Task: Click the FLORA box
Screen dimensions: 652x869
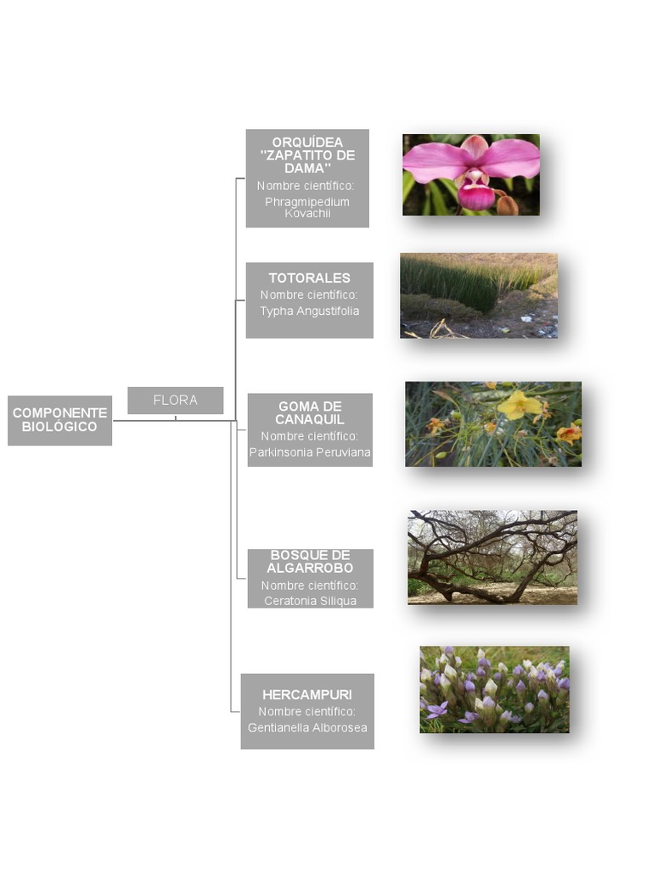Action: pyautogui.click(x=175, y=401)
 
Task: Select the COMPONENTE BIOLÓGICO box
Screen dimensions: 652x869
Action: pyautogui.click(x=60, y=420)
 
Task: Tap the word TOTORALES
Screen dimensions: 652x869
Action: pyautogui.click(x=309, y=278)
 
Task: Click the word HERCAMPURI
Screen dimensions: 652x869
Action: pyautogui.click(x=307, y=694)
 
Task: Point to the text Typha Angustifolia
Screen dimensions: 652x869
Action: pyautogui.click(x=309, y=311)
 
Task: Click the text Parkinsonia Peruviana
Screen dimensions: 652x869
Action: pyautogui.click(x=310, y=452)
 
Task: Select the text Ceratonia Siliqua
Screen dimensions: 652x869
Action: pyautogui.click(x=310, y=601)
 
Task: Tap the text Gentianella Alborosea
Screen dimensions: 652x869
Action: pyautogui.click(x=307, y=727)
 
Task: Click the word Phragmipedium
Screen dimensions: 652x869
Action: pyautogui.click(x=307, y=202)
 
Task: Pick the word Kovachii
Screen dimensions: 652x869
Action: pyautogui.click(x=307, y=213)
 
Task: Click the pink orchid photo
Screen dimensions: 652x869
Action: pyautogui.click(x=471, y=175)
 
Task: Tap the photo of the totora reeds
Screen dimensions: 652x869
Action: pyautogui.click(x=479, y=295)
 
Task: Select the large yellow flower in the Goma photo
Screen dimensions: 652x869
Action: pyautogui.click(x=519, y=405)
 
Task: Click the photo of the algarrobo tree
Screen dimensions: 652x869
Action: pyautogui.click(x=492, y=558)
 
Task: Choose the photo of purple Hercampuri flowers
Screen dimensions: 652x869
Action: pyautogui.click(x=495, y=689)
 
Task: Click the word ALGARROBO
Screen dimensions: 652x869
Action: pyautogui.click(x=310, y=568)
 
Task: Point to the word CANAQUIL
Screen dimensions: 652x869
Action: pyautogui.click(x=310, y=419)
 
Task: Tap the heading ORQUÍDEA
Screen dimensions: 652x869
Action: pyautogui.click(x=307, y=143)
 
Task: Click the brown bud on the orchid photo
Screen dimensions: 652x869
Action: pyautogui.click(x=508, y=205)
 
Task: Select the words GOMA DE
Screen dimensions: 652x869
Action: pyautogui.click(x=310, y=406)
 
